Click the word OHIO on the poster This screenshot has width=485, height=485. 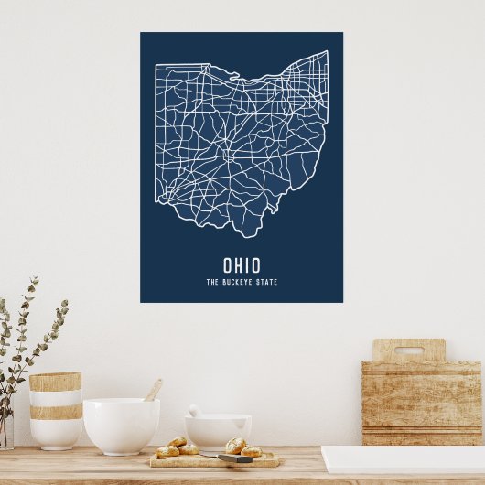242,265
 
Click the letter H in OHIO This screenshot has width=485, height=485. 236,265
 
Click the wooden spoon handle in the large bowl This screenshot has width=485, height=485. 154,390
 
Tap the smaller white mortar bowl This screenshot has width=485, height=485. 218,432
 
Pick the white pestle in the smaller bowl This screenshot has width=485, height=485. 194,411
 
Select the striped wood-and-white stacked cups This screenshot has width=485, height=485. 55,409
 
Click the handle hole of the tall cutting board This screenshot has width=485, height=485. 408,350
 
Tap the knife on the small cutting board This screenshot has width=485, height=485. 233,458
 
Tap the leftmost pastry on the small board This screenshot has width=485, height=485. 167,451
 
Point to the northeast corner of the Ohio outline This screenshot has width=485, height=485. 326,52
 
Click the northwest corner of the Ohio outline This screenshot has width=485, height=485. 156,65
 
